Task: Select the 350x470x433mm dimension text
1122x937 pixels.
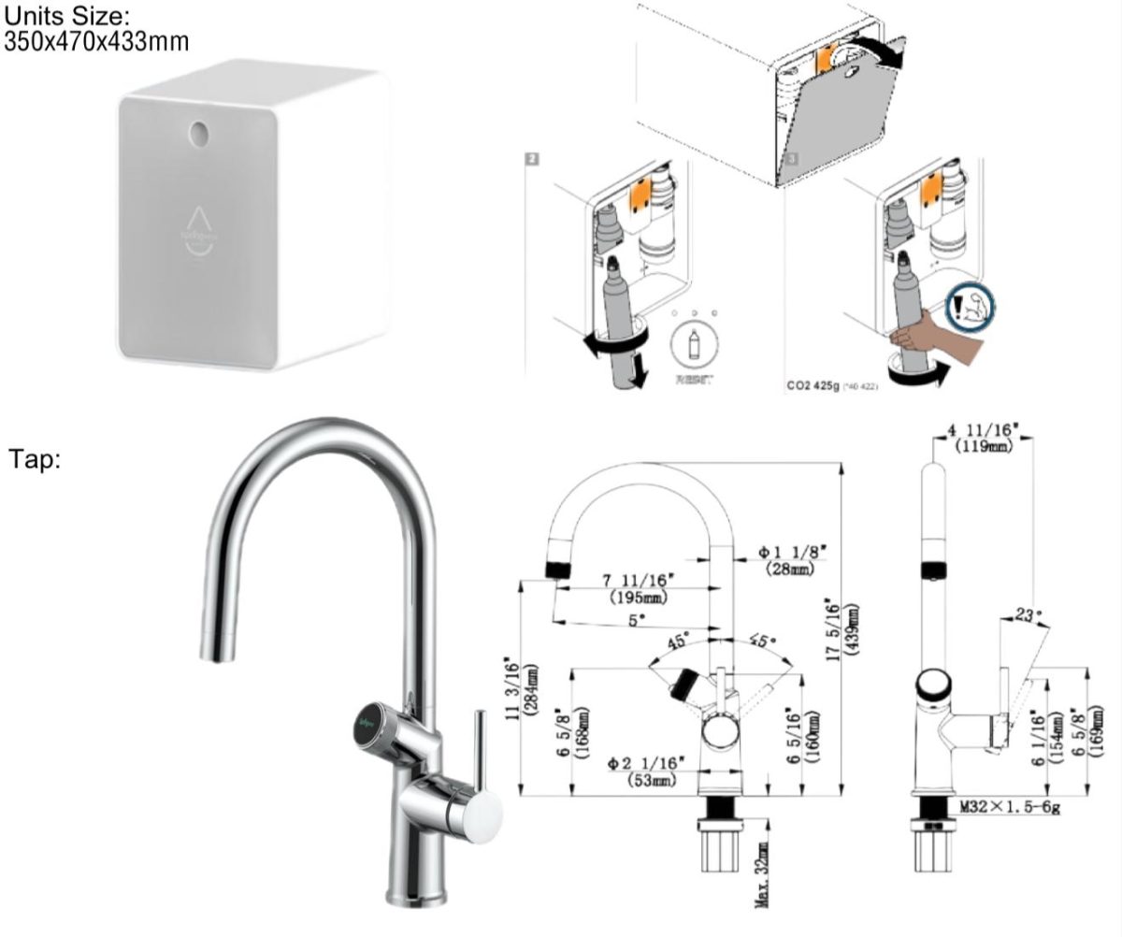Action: (95, 41)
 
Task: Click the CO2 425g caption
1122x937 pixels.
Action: (817, 383)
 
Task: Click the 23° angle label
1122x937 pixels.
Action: (1028, 615)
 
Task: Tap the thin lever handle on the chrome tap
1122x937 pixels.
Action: (477, 748)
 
